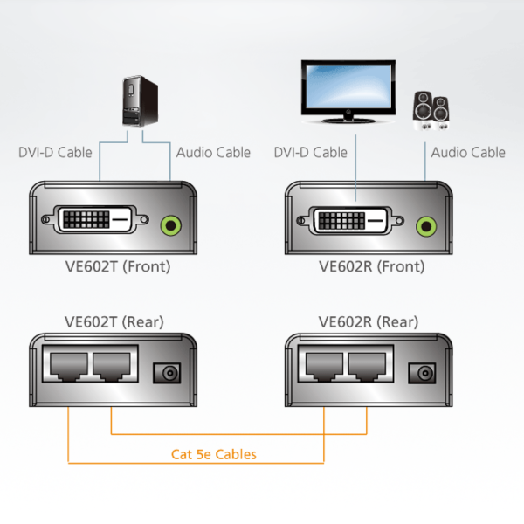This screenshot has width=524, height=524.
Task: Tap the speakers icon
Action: [x=432, y=111]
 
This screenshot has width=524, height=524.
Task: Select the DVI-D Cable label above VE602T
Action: [x=55, y=153]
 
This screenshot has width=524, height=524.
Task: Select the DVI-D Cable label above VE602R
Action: [x=310, y=153]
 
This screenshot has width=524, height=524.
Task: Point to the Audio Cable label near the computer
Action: [x=213, y=153]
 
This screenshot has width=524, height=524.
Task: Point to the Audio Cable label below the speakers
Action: [x=468, y=153]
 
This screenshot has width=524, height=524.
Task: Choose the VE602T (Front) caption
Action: [x=117, y=266]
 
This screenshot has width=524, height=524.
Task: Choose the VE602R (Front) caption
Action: [x=372, y=266]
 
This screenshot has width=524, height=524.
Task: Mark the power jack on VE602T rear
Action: [x=165, y=373]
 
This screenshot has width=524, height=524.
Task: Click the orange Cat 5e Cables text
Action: [x=214, y=454]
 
